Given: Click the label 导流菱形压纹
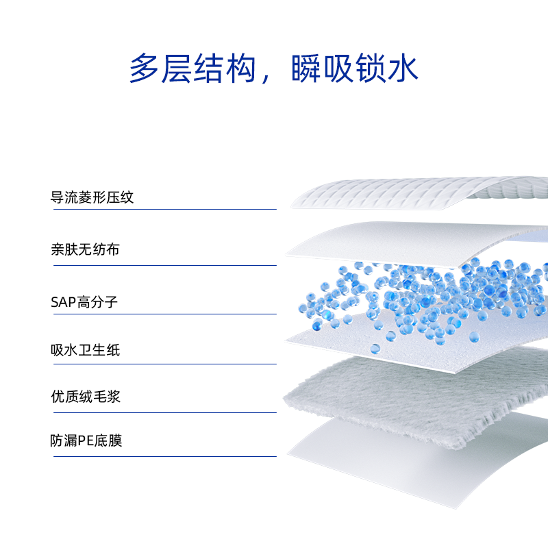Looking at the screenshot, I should pos(92,198).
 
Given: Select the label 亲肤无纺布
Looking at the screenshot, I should pos(85,249).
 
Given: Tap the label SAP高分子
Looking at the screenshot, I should pos(84,301).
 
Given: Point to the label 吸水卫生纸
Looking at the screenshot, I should pos(85,351).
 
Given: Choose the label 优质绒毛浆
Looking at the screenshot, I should pos(85,397).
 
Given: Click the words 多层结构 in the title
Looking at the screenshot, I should pos(192,68).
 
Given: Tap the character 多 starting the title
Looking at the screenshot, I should pos(145,68).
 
